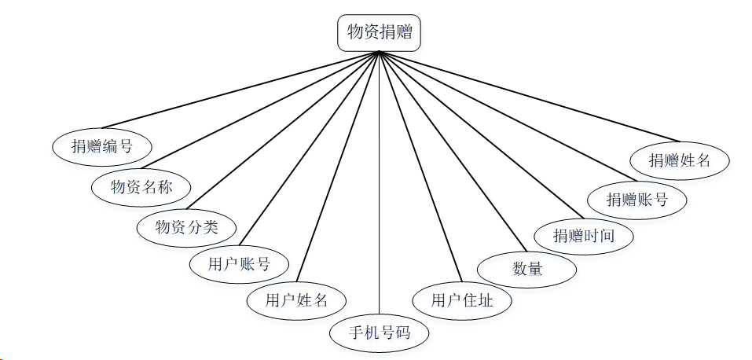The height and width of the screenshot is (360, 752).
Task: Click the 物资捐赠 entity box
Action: [379, 33]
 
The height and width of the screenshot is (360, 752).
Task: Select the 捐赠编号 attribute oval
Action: [102, 145]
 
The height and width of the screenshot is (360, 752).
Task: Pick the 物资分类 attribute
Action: [186, 228]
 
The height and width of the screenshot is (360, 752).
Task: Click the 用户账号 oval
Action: [239, 264]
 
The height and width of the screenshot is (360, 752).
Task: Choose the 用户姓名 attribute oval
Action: [295, 299]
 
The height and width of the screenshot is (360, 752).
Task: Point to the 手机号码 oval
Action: [380, 332]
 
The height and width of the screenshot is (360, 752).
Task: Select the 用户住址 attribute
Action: [462, 299]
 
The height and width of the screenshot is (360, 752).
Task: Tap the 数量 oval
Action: [527, 269]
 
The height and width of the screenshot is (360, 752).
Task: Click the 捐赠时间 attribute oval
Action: [583, 235]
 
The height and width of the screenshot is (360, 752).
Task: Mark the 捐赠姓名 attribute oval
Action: [680, 160]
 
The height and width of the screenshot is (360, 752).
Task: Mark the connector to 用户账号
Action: [310, 149]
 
